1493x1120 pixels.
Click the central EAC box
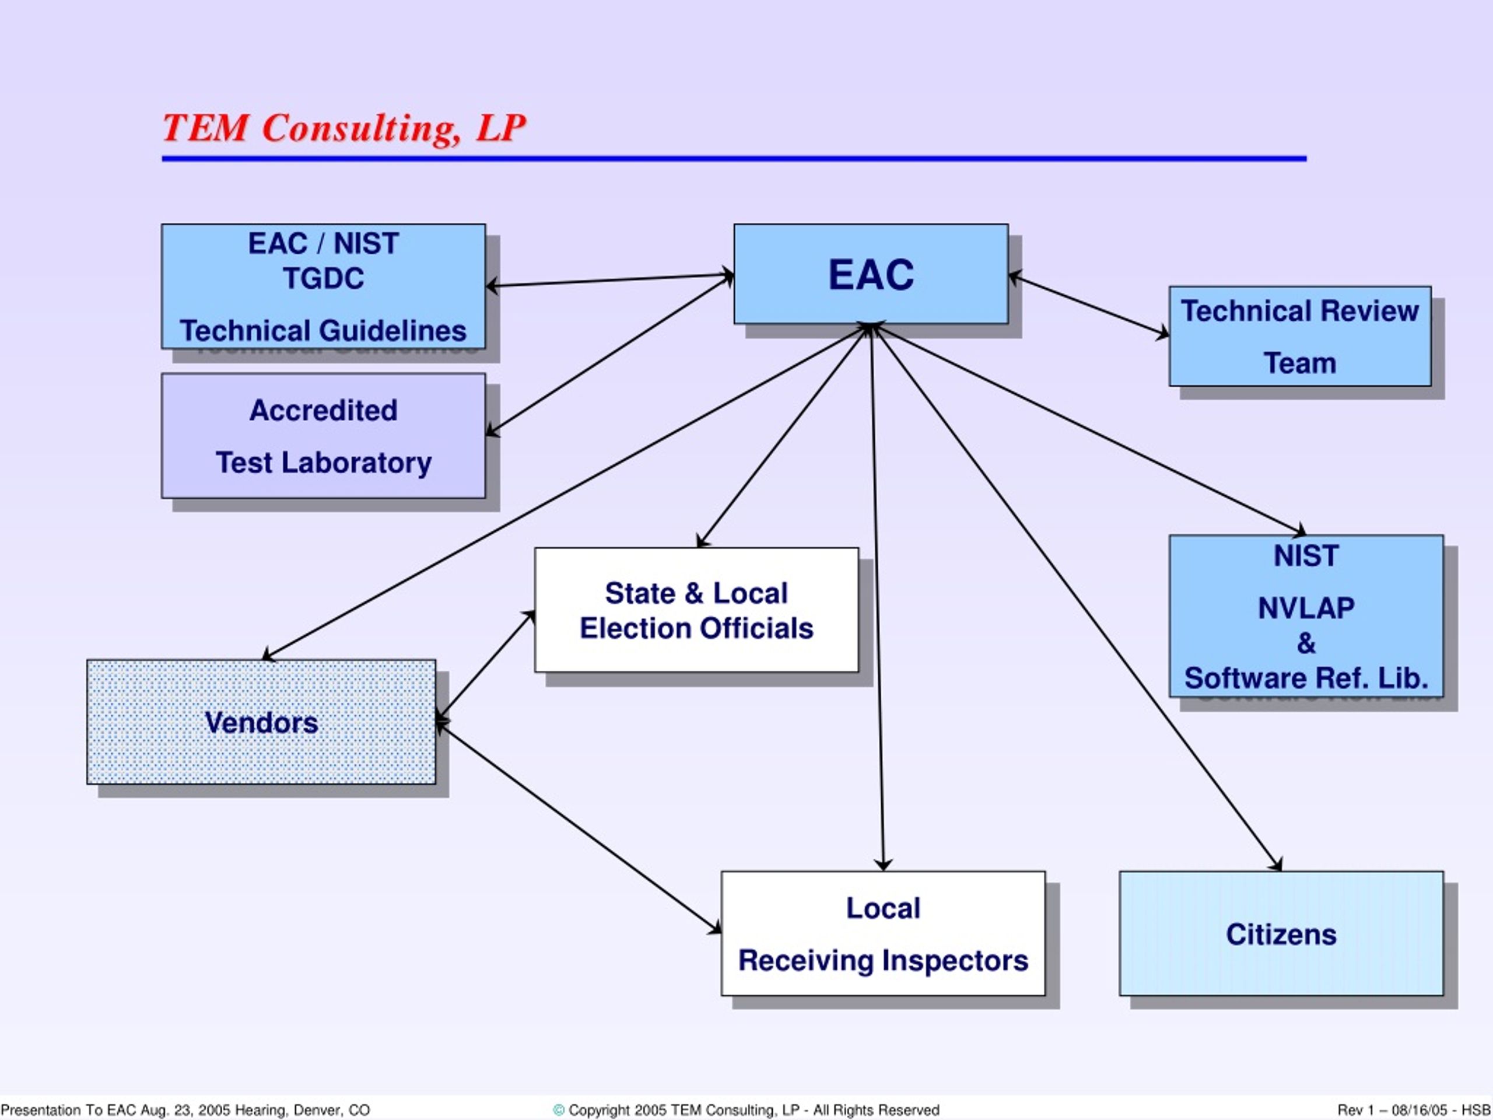point(871,274)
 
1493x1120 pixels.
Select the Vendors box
point(261,722)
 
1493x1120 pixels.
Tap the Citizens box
point(1281,934)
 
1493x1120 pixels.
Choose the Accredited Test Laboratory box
point(323,436)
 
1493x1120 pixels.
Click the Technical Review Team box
point(1300,336)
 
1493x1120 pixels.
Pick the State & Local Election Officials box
point(696,610)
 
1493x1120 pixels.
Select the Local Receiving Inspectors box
point(883,934)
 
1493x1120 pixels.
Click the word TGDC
point(323,278)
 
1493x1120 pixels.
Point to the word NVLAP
point(1306,608)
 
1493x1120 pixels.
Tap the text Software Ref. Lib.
point(1306,678)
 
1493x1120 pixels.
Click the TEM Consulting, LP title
point(344,128)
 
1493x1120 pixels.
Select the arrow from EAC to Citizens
point(1077,597)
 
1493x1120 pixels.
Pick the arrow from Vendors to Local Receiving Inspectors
point(579,828)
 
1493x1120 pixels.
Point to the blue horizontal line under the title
point(734,159)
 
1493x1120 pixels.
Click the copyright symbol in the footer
point(558,1110)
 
